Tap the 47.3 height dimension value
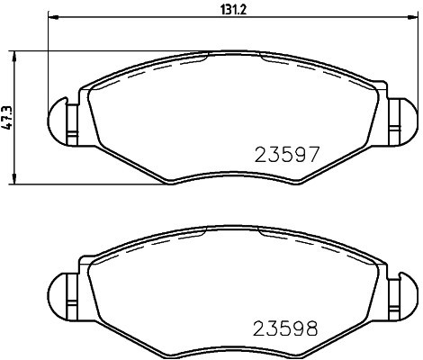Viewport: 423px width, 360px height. tap(7, 117)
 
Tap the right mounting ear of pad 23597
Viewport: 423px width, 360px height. tap(401, 119)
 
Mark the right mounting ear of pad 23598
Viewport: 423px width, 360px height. tap(401, 292)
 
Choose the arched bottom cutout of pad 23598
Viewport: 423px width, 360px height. tap(231, 345)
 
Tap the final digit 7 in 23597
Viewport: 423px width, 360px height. tap(314, 154)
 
